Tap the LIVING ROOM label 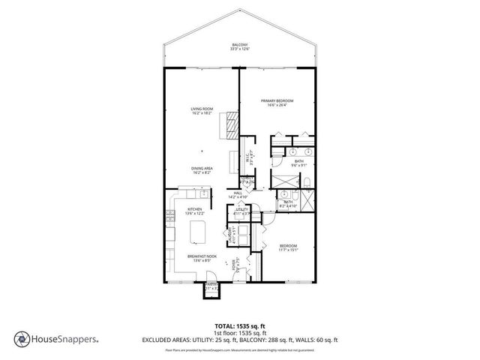[x=202, y=111]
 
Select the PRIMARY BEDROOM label [x=277, y=103]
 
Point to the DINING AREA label [x=202, y=170]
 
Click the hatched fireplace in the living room [x=229, y=124]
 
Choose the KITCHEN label [x=195, y=211]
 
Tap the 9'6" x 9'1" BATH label [x=298, y=163]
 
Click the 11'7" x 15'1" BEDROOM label [x=289, y=248]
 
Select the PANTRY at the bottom [x=211, y=287]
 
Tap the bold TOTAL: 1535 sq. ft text [x=240, y=326]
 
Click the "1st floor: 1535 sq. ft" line [x=240, y=332]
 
